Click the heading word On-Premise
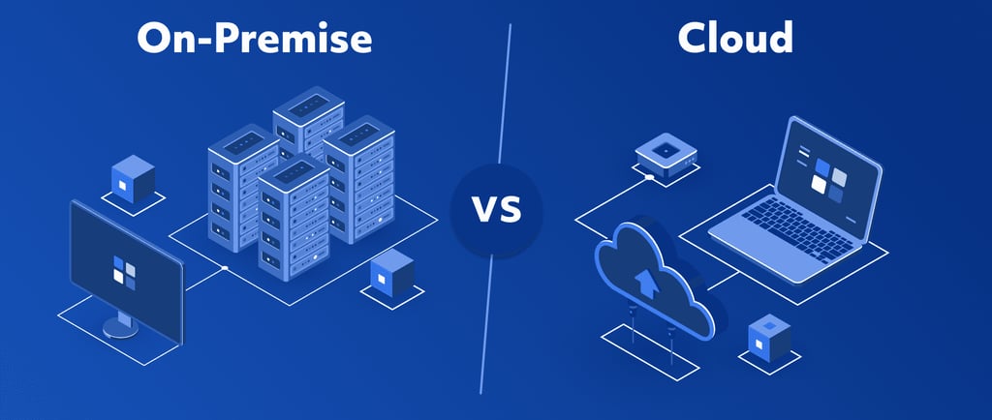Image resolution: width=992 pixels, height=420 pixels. tap(255, 39)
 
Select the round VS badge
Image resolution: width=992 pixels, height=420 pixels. tap(497, 210)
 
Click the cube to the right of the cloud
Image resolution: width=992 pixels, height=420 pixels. tap(770, 339)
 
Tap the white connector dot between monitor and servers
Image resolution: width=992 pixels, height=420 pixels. tap(225, 267)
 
